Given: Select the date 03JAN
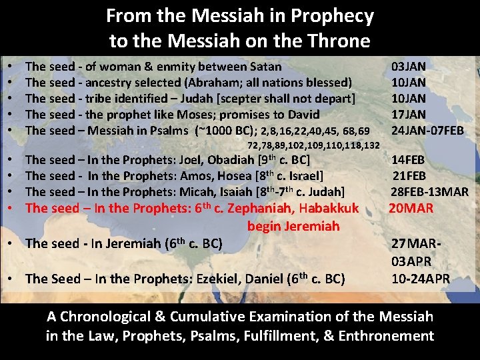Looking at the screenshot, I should [x=409, y=67].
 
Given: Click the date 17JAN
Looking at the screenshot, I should [x=409, y=115].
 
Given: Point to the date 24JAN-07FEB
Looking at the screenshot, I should [x=427, y=131].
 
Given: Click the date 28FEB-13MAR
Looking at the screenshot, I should [x=429, y=192].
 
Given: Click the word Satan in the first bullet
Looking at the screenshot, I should [x=265, y=67].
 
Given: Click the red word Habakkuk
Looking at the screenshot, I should [x=330, y=208].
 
